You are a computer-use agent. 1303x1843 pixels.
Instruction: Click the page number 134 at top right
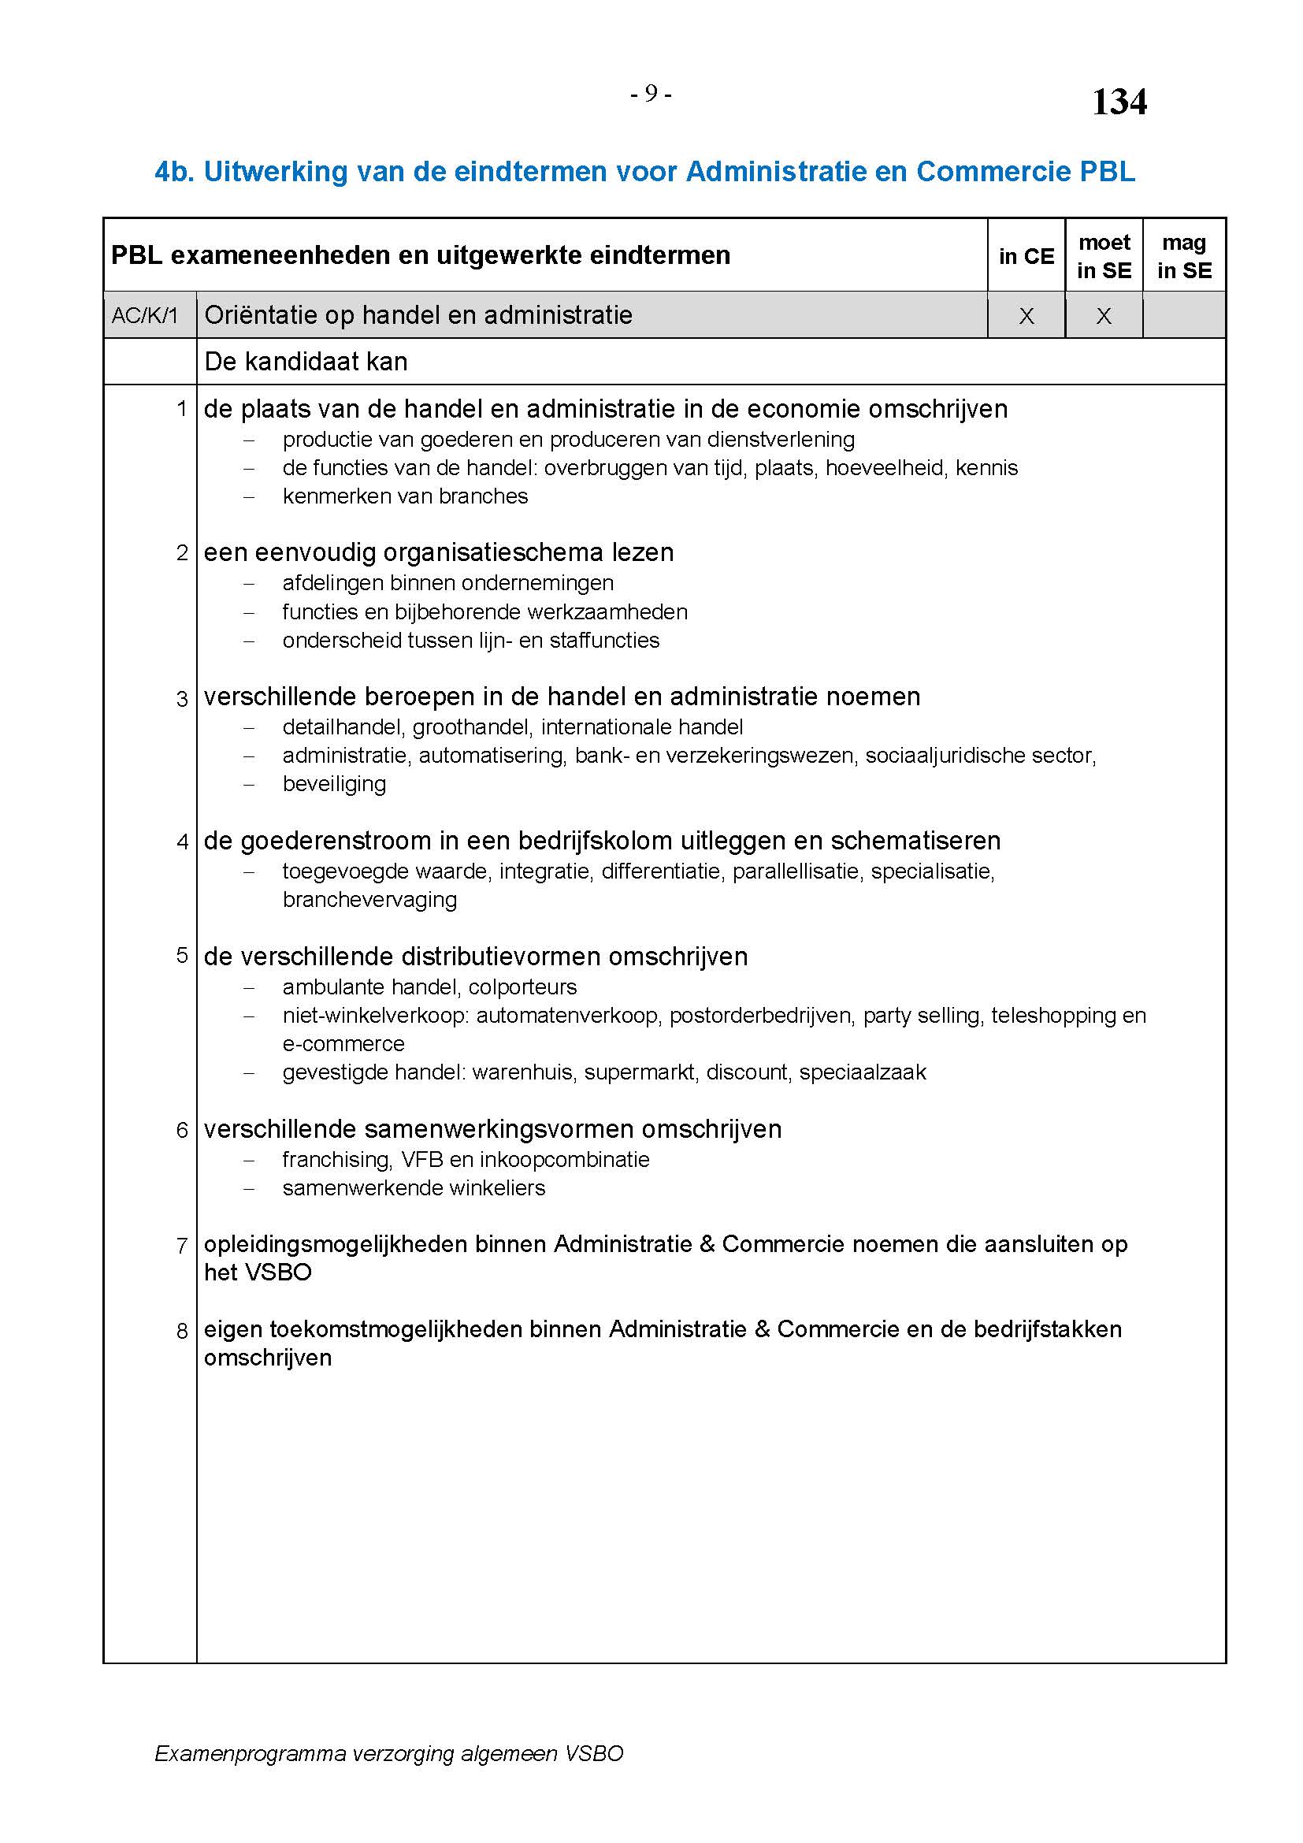tap(1119, 102)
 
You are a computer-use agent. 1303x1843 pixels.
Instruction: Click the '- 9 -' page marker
tap(650, 95)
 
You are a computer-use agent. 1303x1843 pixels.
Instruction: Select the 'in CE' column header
tap(1026, 256)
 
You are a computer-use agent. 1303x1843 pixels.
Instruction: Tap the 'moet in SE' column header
tap(1104, 256)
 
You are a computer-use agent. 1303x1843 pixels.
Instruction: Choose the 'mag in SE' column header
tap(1183, 256)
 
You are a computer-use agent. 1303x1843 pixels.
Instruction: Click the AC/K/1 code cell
tap(145, 315)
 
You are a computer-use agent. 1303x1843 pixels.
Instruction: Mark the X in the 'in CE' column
tap(1026, 316)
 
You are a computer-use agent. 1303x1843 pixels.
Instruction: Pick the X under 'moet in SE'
tap(1104, 316)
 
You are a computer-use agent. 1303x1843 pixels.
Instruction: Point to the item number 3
tap(182, 698)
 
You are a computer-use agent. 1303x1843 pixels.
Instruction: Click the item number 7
tap(182, 1246)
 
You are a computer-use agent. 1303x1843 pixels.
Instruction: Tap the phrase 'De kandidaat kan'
tap(306, 362)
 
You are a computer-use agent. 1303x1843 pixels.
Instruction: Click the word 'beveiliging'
tap(334, 783)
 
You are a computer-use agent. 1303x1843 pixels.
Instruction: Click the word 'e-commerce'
tap(343, 1043)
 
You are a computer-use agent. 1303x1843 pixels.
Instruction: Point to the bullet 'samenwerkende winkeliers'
tap(414, 1187)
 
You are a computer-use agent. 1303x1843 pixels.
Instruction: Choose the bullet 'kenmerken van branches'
tap(405, 496)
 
